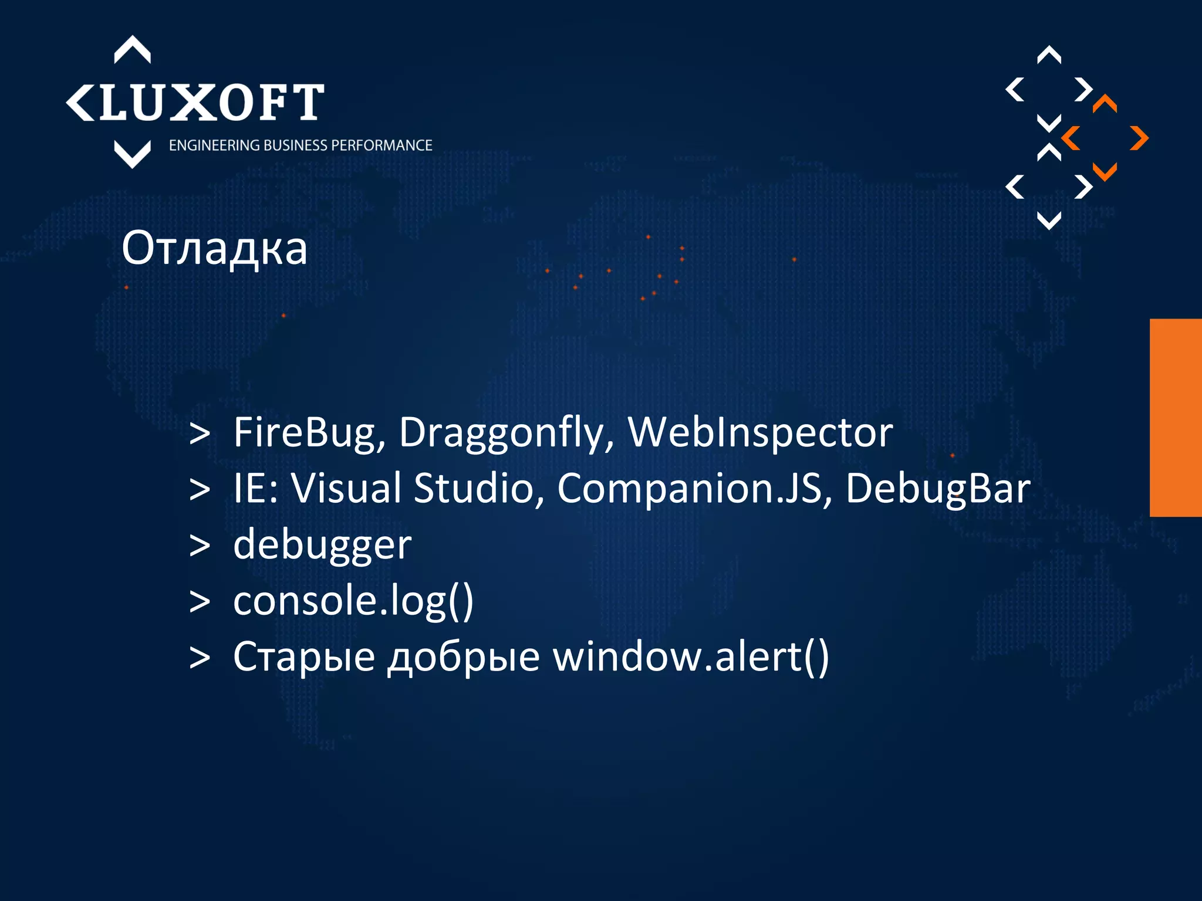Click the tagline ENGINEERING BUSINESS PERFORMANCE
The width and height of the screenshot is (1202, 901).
pos(300,145)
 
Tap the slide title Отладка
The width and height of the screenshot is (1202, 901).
pos(214,249)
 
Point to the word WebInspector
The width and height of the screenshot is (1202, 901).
pos(760,433)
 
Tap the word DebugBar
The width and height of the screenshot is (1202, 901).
pos(938,488)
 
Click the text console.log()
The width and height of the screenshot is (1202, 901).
pos(353,601)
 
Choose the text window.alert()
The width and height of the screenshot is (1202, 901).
pos(691,656)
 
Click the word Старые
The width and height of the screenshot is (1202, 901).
pos(304,656)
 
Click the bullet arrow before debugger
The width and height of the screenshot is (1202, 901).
pos(200,546)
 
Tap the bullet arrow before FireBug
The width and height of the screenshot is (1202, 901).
pos(200,434)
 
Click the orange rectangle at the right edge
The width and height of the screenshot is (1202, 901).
pos(1176,418)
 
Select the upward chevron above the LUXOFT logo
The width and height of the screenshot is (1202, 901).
pos(132,49)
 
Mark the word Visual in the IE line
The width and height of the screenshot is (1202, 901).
pos(346,488)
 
